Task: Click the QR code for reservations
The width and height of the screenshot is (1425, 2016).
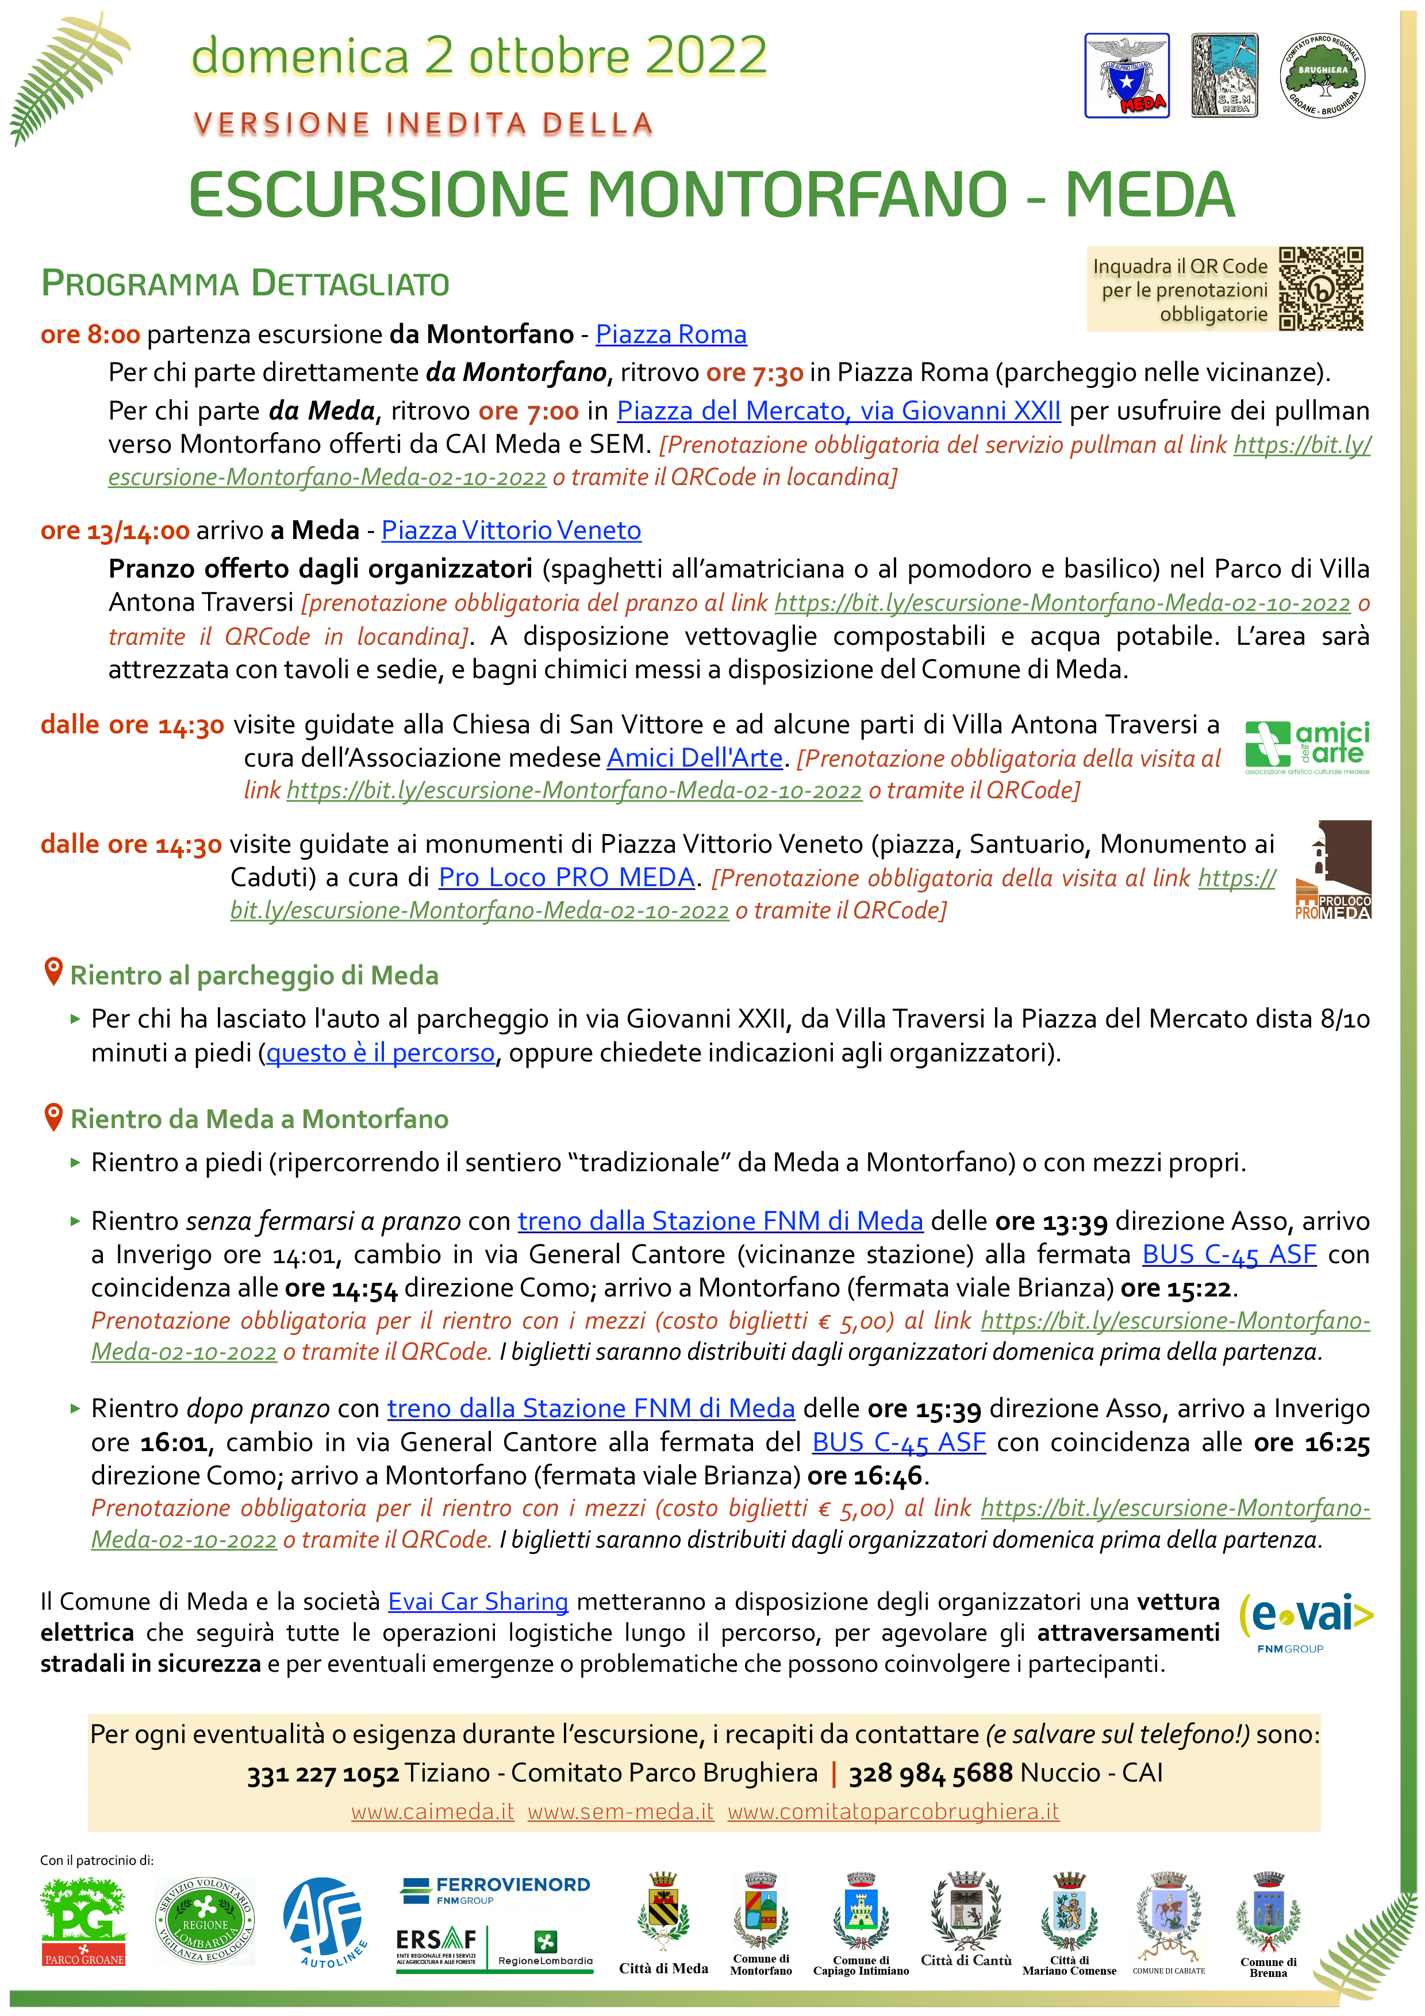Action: [1320, 289]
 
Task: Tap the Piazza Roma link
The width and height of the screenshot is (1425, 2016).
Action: [671, 334]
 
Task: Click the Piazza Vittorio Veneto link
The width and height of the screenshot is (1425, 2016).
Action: [511, 530]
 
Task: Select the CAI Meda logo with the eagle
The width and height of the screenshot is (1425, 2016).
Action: [1127, 75]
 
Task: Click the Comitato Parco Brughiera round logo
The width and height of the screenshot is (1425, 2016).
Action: [1322, 75]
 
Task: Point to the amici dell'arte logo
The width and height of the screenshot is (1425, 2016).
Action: [1307, 747]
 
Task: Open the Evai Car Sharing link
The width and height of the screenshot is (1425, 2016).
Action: [478, 1602]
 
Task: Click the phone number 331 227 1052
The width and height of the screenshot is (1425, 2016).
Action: [322, 1773]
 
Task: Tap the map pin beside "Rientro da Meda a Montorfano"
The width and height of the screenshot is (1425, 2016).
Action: [53, 1117]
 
